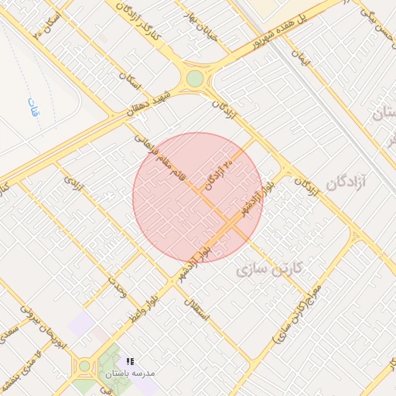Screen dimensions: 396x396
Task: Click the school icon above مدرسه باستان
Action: pos(130,361)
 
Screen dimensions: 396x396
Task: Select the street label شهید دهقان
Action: pos(149,101)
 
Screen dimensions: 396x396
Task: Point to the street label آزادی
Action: pos(72,183)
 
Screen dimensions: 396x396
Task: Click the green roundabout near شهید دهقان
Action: pos(195,79)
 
